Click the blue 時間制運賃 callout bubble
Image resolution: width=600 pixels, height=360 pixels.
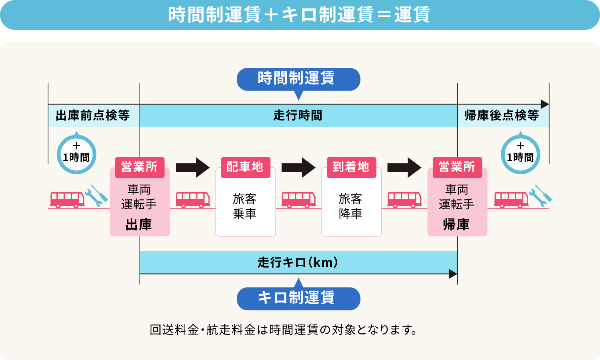click(298, 79)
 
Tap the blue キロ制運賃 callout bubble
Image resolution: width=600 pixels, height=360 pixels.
click(298, 298)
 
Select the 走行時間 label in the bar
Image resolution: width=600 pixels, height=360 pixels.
click(298, 116)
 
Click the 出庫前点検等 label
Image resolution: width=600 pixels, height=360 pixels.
click(93, 116)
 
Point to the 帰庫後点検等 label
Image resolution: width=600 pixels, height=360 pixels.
click(502, 116)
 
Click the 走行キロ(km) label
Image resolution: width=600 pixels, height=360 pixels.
click(298, 262)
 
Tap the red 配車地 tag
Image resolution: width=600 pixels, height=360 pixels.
click(245, 167)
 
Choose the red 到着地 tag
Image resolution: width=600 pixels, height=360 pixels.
click(351, 167)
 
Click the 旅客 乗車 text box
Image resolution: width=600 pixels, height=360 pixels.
click(245, 207)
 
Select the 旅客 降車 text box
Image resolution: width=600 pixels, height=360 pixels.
click(351, 207)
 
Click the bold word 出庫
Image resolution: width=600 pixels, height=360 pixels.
click(139, 225)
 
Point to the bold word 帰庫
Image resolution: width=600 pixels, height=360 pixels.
click(457, 225)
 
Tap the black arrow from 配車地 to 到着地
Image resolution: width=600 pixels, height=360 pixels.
click(298, 167)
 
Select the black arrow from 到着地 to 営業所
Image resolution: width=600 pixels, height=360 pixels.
click(404, 167)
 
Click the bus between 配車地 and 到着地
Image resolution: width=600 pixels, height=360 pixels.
click(298, 199)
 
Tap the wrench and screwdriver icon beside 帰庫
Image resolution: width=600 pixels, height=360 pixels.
click(541, 195)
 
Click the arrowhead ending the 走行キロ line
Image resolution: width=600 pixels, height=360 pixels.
click(453, 274)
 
